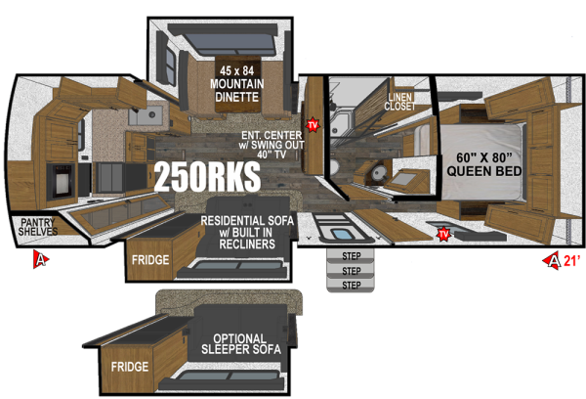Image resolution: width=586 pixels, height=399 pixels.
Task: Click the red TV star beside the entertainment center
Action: pos(313,125)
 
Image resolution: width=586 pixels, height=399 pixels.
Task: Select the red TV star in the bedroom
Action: pos(443,234)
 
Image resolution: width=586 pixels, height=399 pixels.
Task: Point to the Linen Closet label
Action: pos(400,102)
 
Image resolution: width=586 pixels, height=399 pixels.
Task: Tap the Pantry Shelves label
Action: pos(37,228)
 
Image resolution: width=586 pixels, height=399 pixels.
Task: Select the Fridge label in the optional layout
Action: pos(130,367)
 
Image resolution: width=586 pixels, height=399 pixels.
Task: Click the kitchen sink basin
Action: pos(147,118)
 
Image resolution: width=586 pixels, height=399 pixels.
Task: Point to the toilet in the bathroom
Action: pos(375,172)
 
